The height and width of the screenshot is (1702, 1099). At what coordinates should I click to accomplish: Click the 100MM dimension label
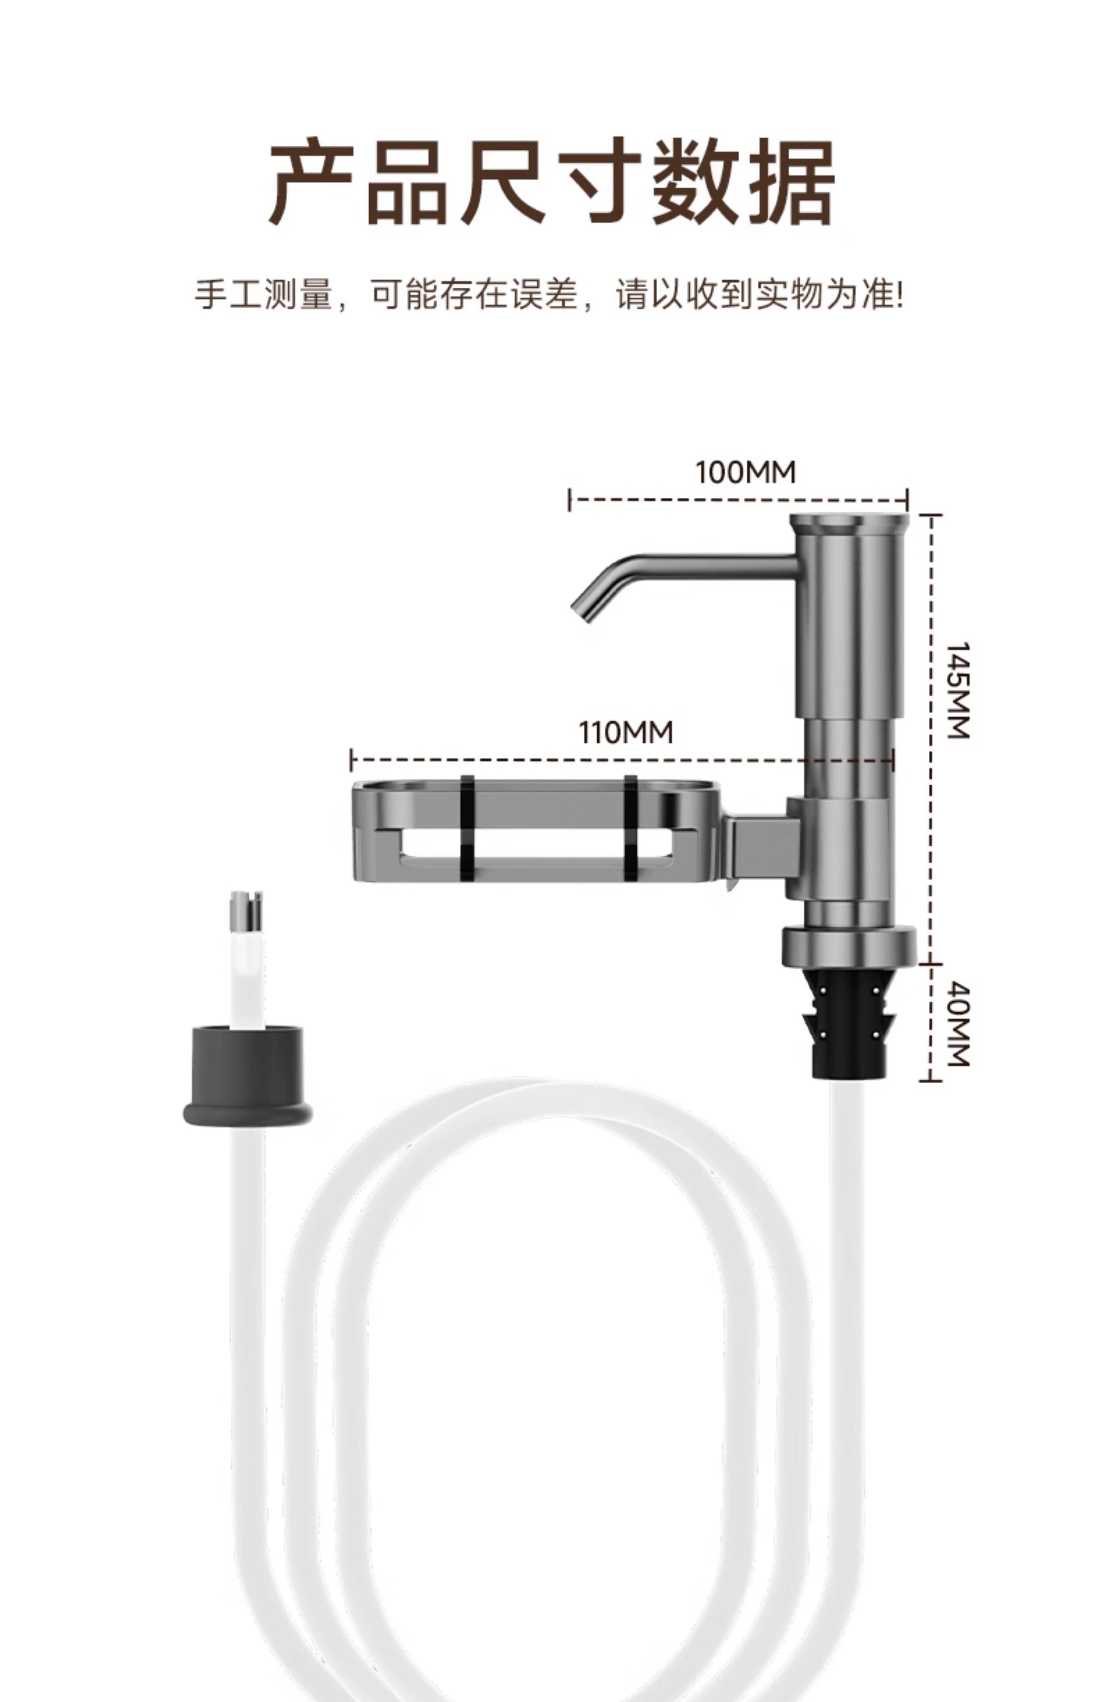[x=746, y=472]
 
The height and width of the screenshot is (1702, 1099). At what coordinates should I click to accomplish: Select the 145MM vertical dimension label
[x=957, y=691]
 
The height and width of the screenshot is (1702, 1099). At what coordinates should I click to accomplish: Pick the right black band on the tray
[x=631, y=828]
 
